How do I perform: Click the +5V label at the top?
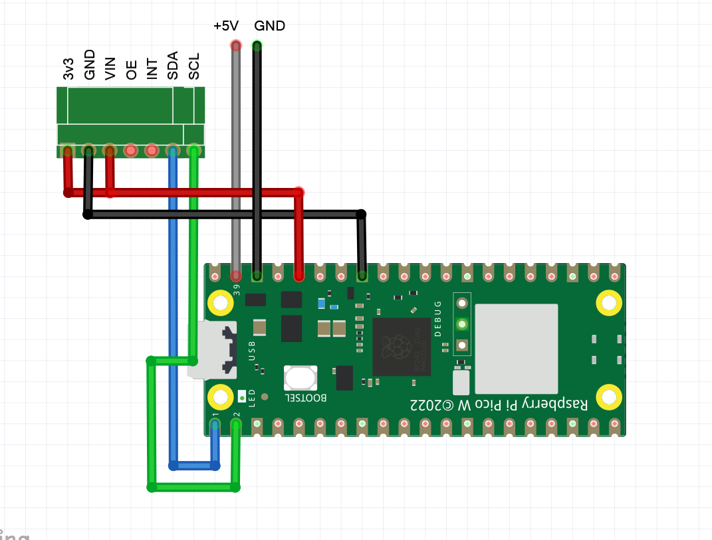click(x=225, y=26)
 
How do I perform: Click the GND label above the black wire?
click(x=269, y=26)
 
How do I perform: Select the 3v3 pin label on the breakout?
click(x=68, y=68)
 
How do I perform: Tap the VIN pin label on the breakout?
click(x=110, y=68)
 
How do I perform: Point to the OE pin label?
click(x=132, y=69)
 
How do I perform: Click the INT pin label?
click(x=152, y=68)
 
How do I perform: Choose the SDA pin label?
click(x=173, y=66)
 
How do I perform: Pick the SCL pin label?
click(x=194, y=66)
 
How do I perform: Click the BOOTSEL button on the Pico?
click(x=300, y=378)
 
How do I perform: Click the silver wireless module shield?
click(x=516, y=349)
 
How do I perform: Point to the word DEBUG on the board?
click(x=438, y=319)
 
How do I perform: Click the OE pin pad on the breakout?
click(x=131, y=151)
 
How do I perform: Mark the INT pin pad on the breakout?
click(x=152, y=151)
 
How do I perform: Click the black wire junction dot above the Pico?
click(x=361, y=215)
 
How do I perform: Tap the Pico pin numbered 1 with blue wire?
click(x=215, y=423)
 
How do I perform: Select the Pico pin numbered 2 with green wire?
click(x=236, y=423)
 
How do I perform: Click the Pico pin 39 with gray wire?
click(x=236, y=275)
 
